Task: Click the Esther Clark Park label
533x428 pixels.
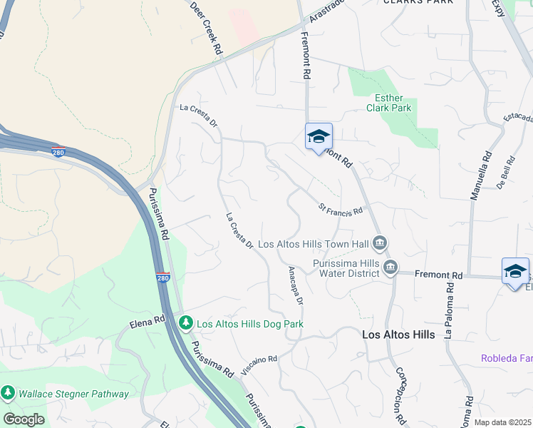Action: pyautogui.click(x=389, y=103)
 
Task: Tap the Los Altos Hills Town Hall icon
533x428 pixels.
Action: pyautogui.click(x=380, y=244)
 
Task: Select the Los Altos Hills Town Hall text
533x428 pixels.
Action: pyautogui.click(x=314, y=244)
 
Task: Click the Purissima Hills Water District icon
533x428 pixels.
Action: pyautogui.click(x=390, y=267)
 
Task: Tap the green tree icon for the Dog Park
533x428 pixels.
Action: pyautogui.click(x=185, y=324)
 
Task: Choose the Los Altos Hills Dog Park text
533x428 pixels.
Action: pyautogui.click(x=250, y=324)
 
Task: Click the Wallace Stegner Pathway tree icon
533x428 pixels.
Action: pyautogui.click(x=8, y=393)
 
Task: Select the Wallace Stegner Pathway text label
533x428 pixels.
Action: pyautogui.click(x=73, y=394)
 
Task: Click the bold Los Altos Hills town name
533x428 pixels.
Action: pyautogui.click(x=398, y=334)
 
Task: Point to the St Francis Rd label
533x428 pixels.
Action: pyautogui.click(x=341, y=210)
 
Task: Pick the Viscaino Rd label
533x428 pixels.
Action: pyautogui.click(x=259, y=365)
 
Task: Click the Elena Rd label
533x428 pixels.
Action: pyautogui.click(x=148, y=324)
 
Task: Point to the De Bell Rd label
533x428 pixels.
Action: pyautogui.click(x=506, y=173)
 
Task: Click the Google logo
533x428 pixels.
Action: pyautogui.click(x=24, y=419)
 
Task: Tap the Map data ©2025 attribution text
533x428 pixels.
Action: pyautogui.click(x=502, y=422)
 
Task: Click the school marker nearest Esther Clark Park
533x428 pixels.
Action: pyautogui.click(x=319, y=137)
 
